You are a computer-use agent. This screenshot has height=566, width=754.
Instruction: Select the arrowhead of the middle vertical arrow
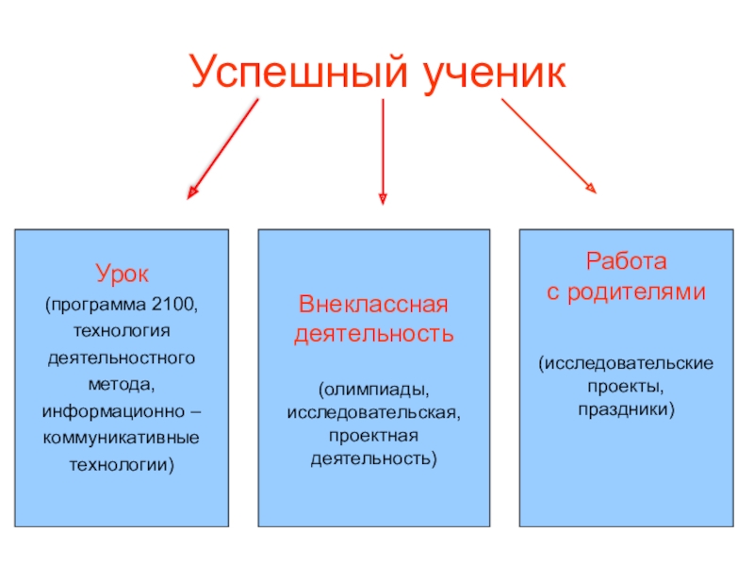383,198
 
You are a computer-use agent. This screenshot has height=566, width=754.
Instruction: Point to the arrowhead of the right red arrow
591,189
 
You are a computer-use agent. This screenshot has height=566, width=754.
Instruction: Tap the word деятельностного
122,359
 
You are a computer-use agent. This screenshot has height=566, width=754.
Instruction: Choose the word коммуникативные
122,440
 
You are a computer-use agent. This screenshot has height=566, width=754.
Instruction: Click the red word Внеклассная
373,307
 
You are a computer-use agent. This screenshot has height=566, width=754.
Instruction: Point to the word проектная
373,436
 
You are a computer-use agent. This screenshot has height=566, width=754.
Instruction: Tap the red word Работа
627,261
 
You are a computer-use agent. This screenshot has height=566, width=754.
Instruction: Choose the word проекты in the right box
623,387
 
